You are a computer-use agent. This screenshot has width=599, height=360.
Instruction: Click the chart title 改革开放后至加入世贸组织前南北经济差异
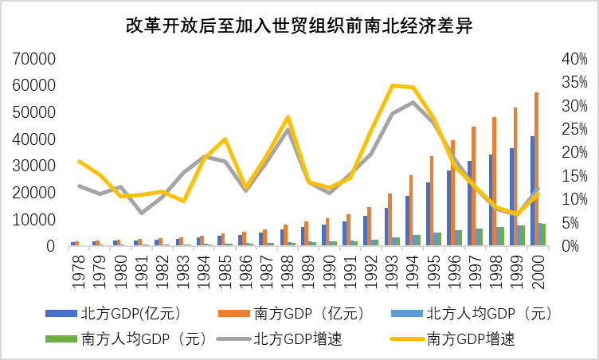pyautogui.click(x=299, y=25)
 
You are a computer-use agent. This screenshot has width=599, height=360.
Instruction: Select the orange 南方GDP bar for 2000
pyautogui.click(x=536, y=170)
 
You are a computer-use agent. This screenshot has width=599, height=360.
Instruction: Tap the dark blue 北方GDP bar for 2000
pyautogui.click(x=531, y=191)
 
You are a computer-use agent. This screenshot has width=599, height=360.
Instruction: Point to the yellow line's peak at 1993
pyautogui.click(x=392, y=85)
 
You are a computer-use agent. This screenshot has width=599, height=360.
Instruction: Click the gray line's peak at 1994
pyautogui.click(x=413, y=102)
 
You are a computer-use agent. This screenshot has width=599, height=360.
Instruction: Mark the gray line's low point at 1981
pyautogui.click(x=141, y=213)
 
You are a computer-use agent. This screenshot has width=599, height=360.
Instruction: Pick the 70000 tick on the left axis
pyautogui.click(x=33, y=59)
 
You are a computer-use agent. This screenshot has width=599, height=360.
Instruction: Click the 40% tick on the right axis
pyautogui.click(x=573, y=59)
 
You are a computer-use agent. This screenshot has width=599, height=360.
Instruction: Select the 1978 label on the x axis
pyautogui.click(x=76, y=272)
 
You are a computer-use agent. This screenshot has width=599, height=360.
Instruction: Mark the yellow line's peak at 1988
pyautogui.click(x=288, y=117)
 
